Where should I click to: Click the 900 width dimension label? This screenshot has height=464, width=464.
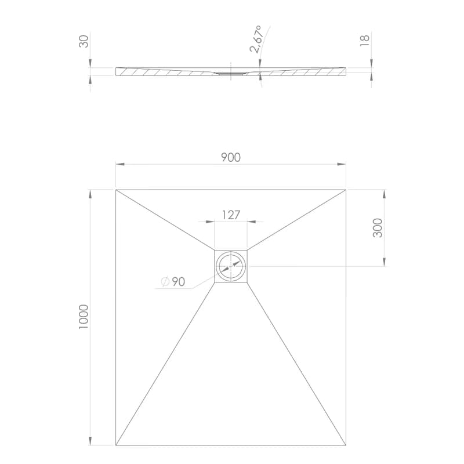[231, 157]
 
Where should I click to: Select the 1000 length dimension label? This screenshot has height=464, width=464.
[84, 317]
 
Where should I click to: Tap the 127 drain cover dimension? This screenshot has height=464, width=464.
[231, 215]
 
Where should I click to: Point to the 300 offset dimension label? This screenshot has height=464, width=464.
[378, 228]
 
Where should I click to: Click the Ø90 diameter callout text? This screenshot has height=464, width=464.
[173, 282]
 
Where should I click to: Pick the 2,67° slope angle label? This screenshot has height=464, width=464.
[256, 39]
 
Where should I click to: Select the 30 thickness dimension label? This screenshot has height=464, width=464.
[84, 41]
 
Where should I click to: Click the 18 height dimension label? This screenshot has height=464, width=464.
[365, 40]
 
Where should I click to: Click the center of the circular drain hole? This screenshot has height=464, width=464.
[231, 266]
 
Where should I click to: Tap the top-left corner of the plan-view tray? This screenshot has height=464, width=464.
[115, 190]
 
